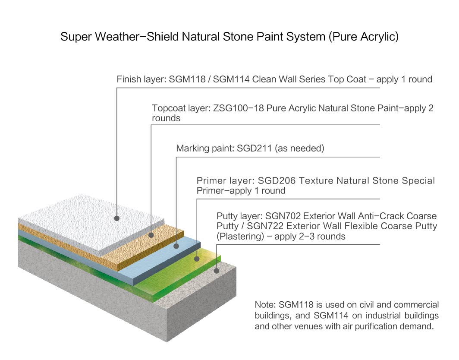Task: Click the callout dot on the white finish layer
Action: (117, 218)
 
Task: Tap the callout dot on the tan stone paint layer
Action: (151, 235)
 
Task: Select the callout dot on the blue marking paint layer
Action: (176, 246)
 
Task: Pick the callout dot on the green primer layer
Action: (197, 259)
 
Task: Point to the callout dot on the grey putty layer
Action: (217, 271)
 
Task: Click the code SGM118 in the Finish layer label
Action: (187, 79)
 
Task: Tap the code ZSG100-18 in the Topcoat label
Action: (239, 108)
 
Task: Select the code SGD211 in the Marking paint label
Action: (255, 148)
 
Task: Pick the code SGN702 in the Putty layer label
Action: (283, 216)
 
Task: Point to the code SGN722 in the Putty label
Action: (265, 226)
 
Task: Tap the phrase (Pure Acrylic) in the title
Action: (364, 37)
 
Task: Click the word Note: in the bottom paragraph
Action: (265, 305)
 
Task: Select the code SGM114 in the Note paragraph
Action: (331, 316)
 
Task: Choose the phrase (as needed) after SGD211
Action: (299, 148)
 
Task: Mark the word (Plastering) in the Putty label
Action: (240, 237)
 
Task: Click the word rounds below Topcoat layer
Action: (166, 118)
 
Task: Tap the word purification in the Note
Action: (378, 326)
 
